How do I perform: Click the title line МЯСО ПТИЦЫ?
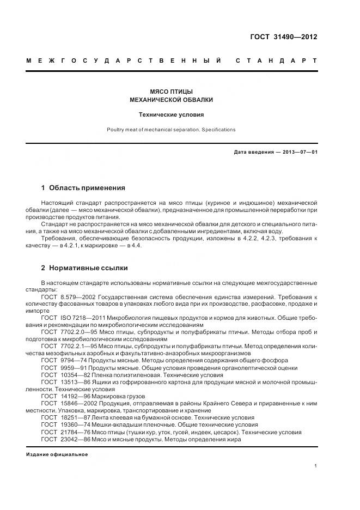(171, 92)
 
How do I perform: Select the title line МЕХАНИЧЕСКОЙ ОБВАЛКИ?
(171, 100)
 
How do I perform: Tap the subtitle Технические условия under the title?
(171, 115)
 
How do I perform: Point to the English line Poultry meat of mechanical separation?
(171, 130)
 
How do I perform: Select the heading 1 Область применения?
(83, 188)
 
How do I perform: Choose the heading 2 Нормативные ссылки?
(84, 268)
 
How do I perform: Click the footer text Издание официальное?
(57, 454)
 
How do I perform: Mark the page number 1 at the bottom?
(316, 466)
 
